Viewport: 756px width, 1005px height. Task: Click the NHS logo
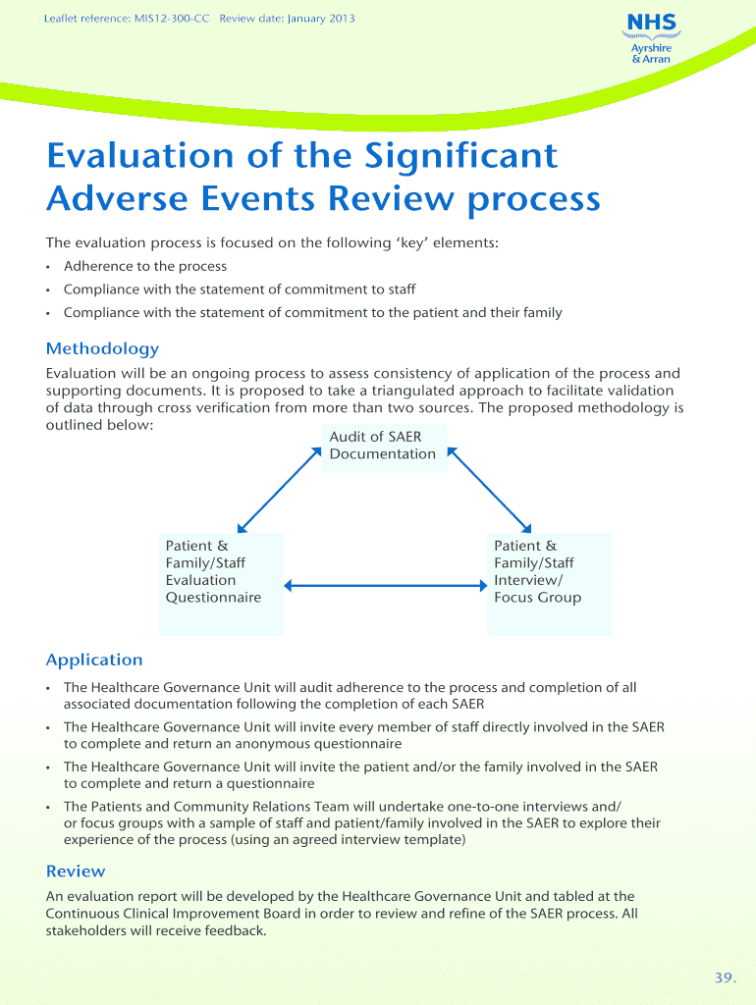(x=651, y=23)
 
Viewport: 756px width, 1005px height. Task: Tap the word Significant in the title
(x=461, y=156)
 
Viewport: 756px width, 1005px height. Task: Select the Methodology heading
(x=102, y=348)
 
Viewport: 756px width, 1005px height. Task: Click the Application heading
(x=94, y=660)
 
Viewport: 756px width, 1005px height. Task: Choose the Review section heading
(x=76, y=871)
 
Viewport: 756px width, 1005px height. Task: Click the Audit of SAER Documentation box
(x=384, y=447)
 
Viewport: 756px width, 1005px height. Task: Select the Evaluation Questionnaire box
(x=221, y=583)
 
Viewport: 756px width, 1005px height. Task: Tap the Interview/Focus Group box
(x=549, y=583)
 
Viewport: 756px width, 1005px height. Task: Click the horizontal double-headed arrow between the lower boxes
(x=388, y=587)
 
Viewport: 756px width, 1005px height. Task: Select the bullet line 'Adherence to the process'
(x=144, y=266)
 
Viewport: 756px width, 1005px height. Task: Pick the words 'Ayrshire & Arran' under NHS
(x=651, y=53)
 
